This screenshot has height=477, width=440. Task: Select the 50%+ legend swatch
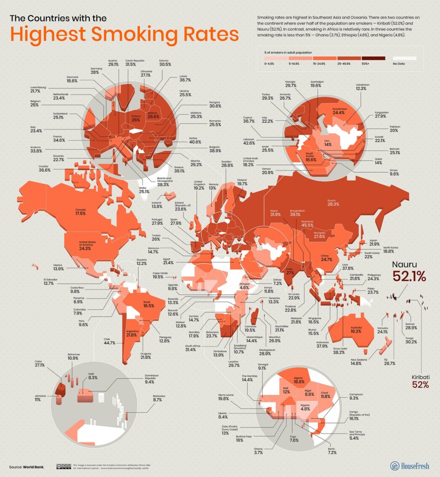point(366,58)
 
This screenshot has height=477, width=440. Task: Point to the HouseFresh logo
point(409,465)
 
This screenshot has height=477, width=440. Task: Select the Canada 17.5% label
point(81,211)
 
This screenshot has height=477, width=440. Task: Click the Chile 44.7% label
point(108,342)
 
